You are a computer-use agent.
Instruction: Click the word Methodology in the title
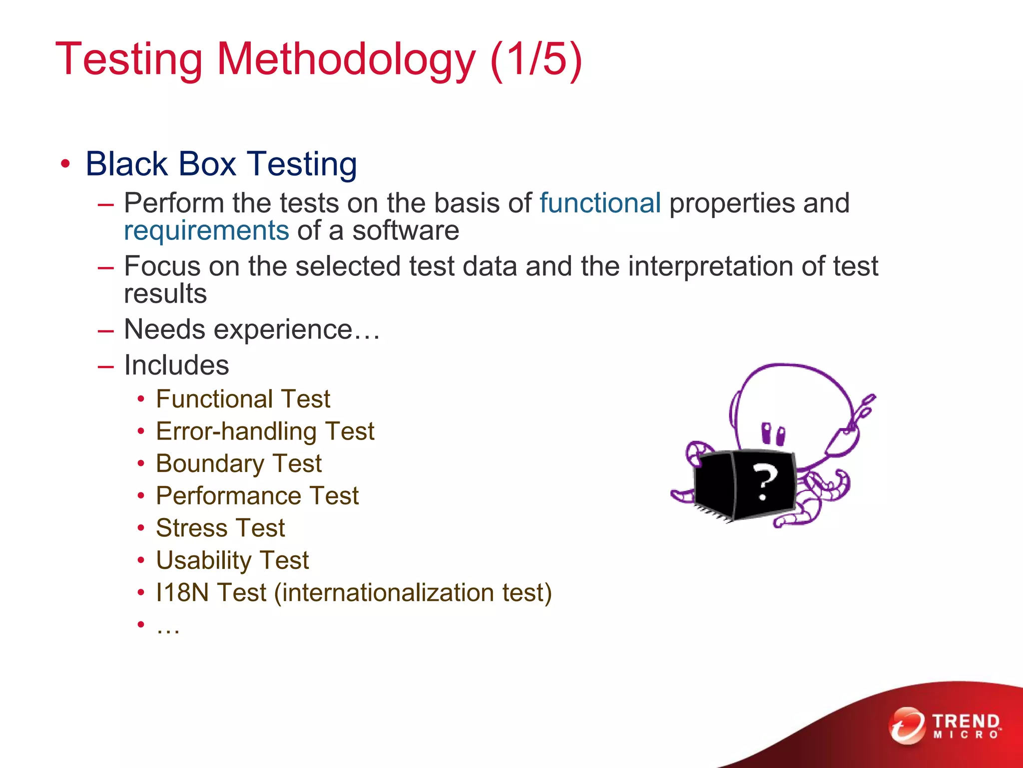(346, 60)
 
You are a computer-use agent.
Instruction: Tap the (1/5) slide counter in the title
(536, 60)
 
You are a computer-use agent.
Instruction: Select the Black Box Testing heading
(221, 164)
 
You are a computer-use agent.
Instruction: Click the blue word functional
(600, 203)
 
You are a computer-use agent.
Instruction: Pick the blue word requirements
(206, 231)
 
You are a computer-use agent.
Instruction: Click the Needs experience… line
(252, 329)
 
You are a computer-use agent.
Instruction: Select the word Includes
(176, 365)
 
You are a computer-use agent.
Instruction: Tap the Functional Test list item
(243, 399)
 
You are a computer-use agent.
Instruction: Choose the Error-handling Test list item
(265, 431)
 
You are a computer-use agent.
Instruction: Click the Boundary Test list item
(238, 463)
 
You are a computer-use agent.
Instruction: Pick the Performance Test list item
(257, 496)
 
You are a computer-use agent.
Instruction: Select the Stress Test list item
(220, 528)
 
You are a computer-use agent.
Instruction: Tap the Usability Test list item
(232, 560)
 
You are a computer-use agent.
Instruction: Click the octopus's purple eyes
(773, 434)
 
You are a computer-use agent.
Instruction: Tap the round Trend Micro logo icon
(907, 725)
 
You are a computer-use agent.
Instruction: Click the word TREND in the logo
(966, 721)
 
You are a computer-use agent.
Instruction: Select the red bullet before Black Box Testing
(65, 164)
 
